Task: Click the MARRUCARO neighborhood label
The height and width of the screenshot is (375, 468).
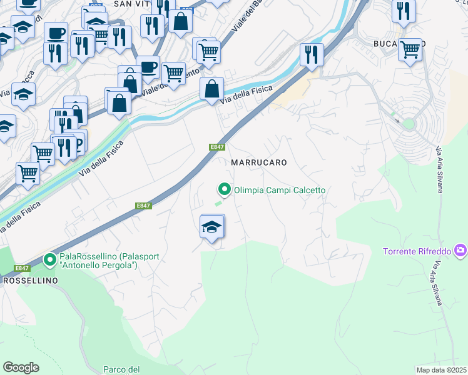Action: click(259, 162)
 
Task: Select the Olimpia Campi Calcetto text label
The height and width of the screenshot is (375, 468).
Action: click(280, 190)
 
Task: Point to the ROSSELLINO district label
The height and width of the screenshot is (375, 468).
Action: click(31, 281)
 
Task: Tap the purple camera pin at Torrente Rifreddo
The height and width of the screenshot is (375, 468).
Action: click(461, 251)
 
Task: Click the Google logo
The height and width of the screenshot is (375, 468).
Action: click(21, 367)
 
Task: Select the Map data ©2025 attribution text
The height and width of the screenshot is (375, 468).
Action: click(441, 369)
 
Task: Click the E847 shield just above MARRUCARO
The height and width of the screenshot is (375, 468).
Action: click(216, 147)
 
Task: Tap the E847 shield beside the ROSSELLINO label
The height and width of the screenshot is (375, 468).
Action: click(23, 268)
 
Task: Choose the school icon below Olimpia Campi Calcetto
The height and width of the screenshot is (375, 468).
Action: click(212, 227)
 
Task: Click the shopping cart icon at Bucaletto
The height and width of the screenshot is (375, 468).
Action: click(410, 49)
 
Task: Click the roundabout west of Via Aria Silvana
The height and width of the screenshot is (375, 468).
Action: click(409, 124)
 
